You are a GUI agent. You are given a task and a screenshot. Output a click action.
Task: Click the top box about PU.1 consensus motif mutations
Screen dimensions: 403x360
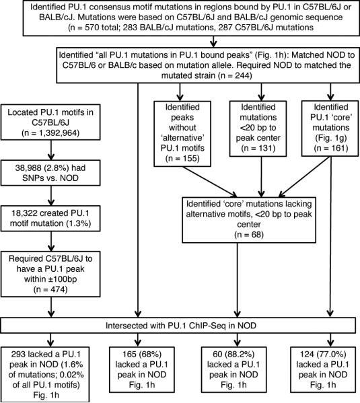[x=179, y=20]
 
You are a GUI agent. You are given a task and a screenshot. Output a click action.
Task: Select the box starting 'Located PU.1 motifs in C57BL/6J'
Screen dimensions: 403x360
[x=53, y=125]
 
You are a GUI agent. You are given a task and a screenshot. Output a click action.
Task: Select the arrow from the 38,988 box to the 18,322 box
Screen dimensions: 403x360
[x=53, y=195]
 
